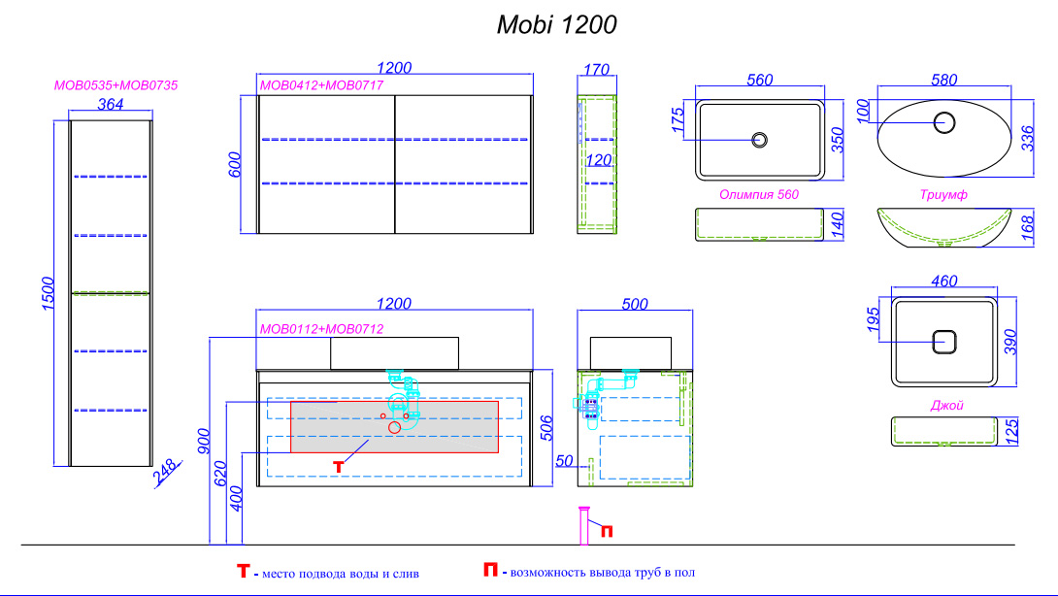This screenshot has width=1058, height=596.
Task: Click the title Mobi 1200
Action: pyautogui.click(x=556, y=25)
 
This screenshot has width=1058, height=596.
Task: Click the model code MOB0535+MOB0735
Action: pyautogui.click(x=116, y=85)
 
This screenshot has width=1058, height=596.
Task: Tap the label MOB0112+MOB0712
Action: pyautogui.click(x=321, y=329)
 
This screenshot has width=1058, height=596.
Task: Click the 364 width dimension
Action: pyautogui.click(x=111, y=105)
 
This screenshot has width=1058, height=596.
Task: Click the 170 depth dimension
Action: pyautogui.click(x=597, y=70)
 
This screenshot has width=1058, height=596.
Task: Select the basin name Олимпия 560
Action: pyautogui.click(x=759, y=195)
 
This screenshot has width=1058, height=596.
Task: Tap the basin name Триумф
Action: pyautogui.click(x=943, y=195)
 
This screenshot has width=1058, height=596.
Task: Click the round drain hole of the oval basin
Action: pyautogui.click(x=943, y=122)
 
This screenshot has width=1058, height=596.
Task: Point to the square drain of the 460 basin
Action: pyautogui.click(x=944, y=342)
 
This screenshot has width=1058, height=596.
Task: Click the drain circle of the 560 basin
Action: pyautogui.click(x=759, y=139)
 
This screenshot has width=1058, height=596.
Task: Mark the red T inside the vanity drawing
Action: pyautogui.click(x=338, y=467)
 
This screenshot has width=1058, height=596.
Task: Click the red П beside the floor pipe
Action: pyautogui.click(x=607, y=530)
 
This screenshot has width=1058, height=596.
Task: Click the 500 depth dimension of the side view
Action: pyautogui.click(x=634, y=304)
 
